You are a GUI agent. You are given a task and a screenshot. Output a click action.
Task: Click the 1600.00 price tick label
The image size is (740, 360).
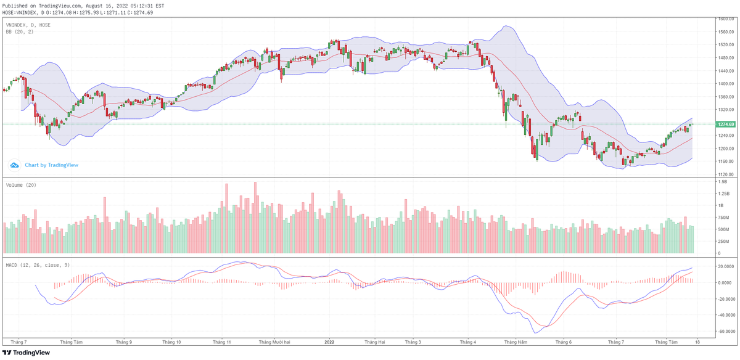pyautogui.click(x=725, y=19)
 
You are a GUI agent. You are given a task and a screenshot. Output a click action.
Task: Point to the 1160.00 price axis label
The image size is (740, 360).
pyautogui.click(x=725, y=162)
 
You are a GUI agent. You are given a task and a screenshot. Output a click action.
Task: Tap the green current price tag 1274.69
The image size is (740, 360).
pyautogui.click(x=725, y=125)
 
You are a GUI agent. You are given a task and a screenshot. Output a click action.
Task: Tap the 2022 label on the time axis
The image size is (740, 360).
pyautogui.click(x=329, y=342)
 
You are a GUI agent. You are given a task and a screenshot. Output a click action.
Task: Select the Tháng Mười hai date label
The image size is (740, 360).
pyautogui.click(x=274, y=342)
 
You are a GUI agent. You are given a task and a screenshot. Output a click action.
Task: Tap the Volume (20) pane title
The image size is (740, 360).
pyautogui.click(x=20, y=185)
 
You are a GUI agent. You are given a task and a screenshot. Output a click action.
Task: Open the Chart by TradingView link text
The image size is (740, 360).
pyautogui.click(x=51, y=165)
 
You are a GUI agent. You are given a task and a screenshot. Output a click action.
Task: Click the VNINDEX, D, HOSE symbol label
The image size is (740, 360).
pyautogui.click(x=28, y=25)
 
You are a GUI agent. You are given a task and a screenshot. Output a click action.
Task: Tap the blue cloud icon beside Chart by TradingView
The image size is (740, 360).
pyautogui.click(x=14, y=165)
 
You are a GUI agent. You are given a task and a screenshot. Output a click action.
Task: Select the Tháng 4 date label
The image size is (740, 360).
pyautogui.click(x=468, y=342)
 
